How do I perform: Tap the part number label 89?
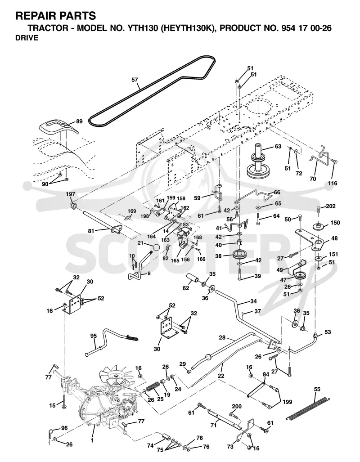pos(79,121)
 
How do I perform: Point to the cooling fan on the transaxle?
pos(115,375)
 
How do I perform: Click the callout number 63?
pos(278,146)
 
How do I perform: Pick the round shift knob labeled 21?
pos(157,247)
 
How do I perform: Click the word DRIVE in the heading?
pos(27,38)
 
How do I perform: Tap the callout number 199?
pos(287,402)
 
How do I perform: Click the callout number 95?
pos(94,336)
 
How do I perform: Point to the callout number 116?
pos(332,183)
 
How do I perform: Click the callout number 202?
pos(330,206)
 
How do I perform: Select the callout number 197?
pos(71,194)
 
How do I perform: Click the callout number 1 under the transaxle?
pos(92,440)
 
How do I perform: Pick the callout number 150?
pos(336,223)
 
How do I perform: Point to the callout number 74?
pos(150,446)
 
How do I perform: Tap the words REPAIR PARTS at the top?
pos(56,15)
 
